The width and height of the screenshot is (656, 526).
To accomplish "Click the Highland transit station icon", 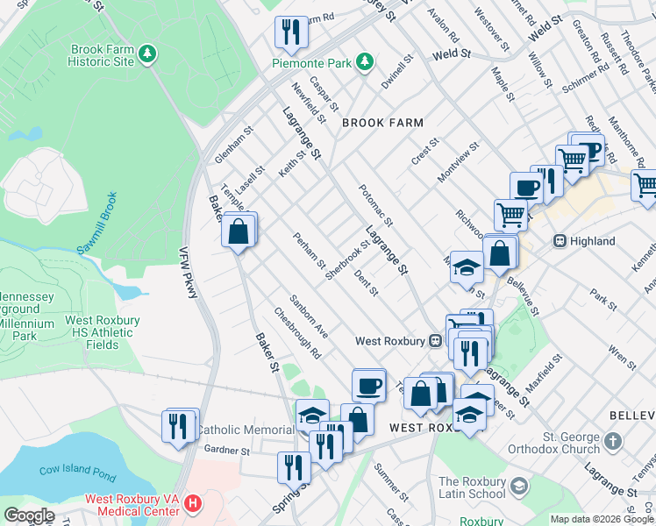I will click(559, 241).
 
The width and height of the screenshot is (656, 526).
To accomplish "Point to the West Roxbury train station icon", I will click(434, 340).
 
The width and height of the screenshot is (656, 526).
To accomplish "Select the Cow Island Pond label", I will click(78, 470).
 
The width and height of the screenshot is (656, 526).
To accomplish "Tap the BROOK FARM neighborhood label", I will click(382, 124).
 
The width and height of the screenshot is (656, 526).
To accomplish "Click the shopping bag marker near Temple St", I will click(239, 231).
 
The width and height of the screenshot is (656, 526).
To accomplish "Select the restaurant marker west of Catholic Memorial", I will click(179, 426).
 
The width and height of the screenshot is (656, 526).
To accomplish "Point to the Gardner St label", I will click(227, 451).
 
